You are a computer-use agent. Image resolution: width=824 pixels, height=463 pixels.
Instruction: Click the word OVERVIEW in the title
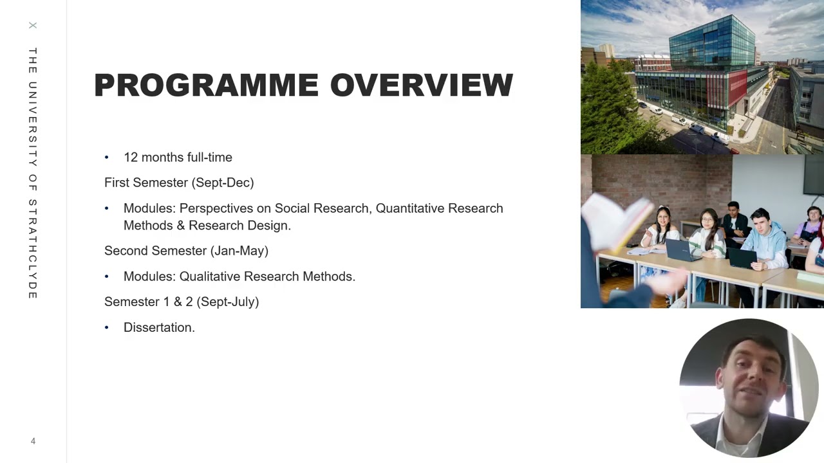pos(422,86)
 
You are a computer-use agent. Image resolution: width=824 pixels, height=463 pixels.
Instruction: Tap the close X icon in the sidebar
pos(33,26)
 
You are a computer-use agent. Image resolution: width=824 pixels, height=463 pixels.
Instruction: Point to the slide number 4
pos(33,441)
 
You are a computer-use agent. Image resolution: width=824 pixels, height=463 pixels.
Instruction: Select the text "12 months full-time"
pos(178,158)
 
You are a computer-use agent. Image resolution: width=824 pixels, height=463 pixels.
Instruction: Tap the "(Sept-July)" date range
pos(228,302)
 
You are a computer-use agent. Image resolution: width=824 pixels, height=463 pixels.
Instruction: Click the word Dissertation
pos(158,327)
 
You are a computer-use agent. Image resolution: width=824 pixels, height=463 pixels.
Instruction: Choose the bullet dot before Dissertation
pos(107,328)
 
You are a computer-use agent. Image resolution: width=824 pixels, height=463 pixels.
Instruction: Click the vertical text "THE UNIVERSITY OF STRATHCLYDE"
pos(33,174)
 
